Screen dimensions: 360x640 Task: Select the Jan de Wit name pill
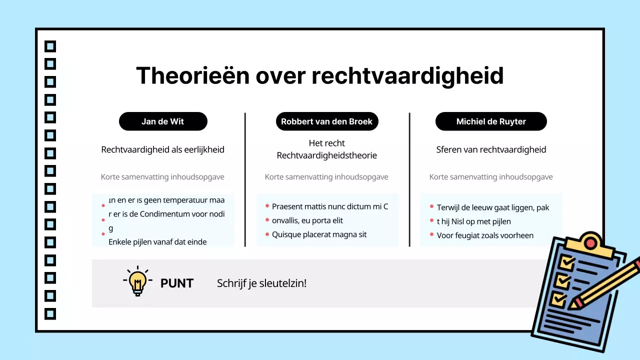163,121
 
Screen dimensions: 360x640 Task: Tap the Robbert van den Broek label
326,121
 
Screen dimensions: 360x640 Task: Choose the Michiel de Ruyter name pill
491,121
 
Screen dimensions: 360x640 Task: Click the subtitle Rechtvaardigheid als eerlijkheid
163,149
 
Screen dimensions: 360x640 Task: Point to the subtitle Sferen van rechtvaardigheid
491,149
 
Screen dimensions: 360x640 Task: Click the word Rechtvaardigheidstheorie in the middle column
326,155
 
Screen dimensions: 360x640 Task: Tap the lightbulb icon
137,282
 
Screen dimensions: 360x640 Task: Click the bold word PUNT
176,283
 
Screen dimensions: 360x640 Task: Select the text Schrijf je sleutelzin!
261,283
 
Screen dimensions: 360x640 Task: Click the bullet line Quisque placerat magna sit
319,234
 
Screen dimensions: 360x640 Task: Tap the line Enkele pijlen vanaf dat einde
157,242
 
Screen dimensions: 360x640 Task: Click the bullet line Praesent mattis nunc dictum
330,206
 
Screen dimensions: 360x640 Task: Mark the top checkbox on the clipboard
567,262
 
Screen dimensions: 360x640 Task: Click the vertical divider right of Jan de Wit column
245,179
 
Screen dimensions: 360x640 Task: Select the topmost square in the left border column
50,46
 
